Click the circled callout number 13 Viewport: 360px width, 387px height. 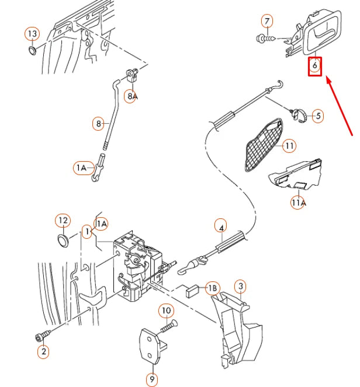32,34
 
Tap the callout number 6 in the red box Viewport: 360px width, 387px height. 315,67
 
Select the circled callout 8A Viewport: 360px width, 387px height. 133,96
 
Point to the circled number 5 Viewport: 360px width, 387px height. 317,116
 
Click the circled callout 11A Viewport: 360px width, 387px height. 298,203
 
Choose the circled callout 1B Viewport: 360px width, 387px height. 212,288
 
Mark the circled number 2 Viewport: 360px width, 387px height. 43,351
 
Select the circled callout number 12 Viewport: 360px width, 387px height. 63,221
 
